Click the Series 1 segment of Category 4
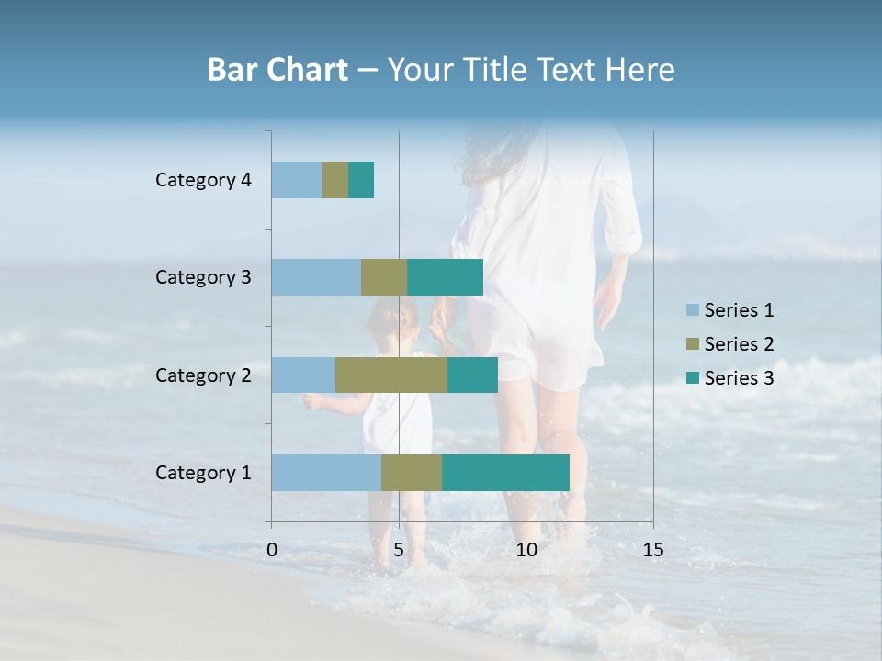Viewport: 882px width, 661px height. click(x=297, y=180)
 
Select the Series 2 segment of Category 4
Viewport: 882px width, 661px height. click(x=335, y=180)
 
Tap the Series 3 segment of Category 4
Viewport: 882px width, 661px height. click(x=361, y=180)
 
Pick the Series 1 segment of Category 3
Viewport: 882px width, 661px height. click(x=316, y=277)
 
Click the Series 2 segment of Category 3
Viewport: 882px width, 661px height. click(x=384, y=277)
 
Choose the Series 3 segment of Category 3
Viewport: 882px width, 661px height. click(x=445, y=277)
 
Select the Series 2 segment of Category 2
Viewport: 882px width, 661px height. click(x=391, y=375)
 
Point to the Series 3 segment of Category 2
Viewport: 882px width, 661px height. click(x=472, y=375)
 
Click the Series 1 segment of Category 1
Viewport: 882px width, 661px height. click(x=326, y=473)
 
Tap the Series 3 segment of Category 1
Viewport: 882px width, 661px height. click(x=505, y=473)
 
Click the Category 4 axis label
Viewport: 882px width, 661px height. click(x=203, y=180)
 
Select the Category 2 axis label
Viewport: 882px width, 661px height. click(x=203, y=375)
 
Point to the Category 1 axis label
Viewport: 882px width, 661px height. click(x=203, y=473)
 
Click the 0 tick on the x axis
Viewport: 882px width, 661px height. click(x=272, y=550)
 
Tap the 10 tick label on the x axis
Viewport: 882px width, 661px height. click(x=526, y=550)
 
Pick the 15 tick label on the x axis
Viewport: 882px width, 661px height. click(x=652, y=550)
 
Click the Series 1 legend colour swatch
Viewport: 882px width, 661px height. click(x=693, y=310)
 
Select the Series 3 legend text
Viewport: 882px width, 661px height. click(x=739, y=378)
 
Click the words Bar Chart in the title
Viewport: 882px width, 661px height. click(x=277, y=70)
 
